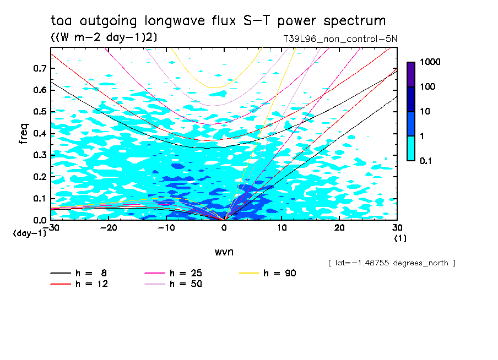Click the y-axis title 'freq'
point(24,134)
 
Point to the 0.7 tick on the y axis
point(40,68)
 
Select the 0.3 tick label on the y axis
point(40,155)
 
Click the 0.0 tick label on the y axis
point(40,220)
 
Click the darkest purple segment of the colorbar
point(410,74)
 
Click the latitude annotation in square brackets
point(392,263)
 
